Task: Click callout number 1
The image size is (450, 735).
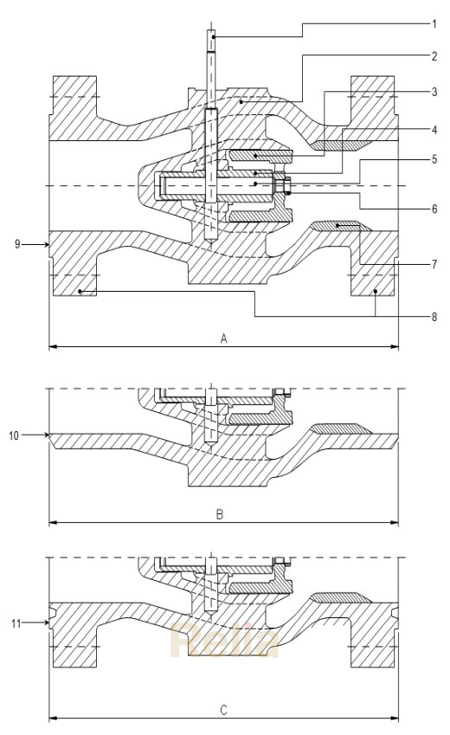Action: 434,24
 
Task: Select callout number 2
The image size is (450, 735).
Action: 434,57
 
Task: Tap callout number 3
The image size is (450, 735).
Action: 434,91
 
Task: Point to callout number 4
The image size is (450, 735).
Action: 434,129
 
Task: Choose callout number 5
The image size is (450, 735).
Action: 434,160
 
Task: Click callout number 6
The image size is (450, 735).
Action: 434,208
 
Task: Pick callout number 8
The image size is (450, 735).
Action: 434,317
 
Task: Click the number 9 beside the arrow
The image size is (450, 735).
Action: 17,245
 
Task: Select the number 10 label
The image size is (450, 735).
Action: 14,435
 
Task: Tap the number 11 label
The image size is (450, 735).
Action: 14,622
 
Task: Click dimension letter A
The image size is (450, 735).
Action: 223,339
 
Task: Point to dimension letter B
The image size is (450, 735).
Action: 220,514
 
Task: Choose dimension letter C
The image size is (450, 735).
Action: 223,710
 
